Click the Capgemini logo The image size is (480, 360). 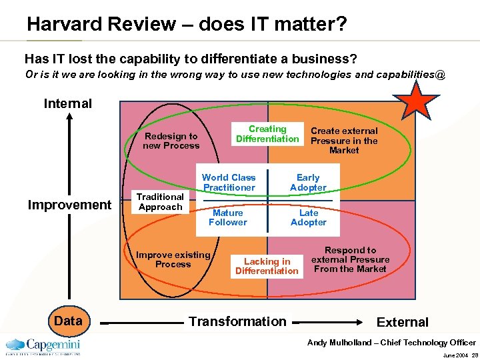[x=43, y=346]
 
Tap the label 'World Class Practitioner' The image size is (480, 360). [x=229, y=183]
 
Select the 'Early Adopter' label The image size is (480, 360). [x=308, y=183]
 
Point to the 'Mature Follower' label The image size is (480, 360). [x=227, y=217]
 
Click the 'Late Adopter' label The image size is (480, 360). [x=308, y=217]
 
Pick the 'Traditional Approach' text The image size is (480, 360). [x=160, y=202]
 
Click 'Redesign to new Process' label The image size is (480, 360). [x=171, y=141]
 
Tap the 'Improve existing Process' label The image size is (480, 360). [x=173, y=259]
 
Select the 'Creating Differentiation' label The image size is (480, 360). [x=267, y=134]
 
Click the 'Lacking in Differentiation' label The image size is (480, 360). [x=267, y=266]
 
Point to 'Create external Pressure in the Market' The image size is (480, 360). [x=344, y=141]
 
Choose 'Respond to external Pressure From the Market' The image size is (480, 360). [x=350, y=259]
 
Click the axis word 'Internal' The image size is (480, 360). [x=67, y=103]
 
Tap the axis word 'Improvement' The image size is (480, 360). [x=69, y=205]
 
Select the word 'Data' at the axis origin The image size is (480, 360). [x=68, y=321]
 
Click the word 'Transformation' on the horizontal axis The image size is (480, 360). [x=237, y=321]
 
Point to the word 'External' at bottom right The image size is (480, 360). [x=403, y=322]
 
